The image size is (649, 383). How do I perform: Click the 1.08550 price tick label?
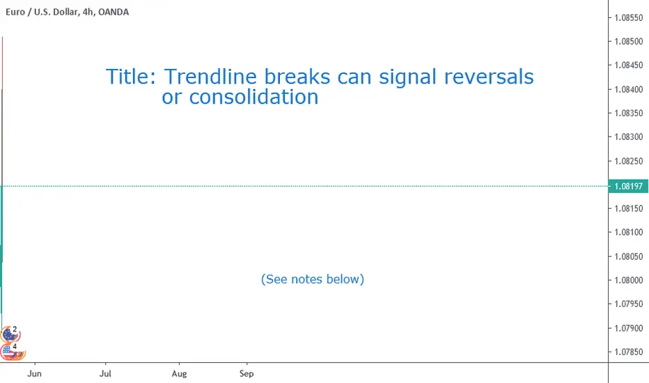click(x=628, y=17)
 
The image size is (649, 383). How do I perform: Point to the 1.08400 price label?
click(x=628, y=89)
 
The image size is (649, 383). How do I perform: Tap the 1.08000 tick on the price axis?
click(x=628, y=280)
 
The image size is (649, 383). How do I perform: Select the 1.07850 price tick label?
click(x=628, y=352)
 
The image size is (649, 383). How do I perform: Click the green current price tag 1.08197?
click(x=628, y=187)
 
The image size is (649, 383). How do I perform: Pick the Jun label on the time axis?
click(x=34, y=373)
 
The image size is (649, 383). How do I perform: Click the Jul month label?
click(x=105, y=373)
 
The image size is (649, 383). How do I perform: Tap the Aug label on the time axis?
click(x=179, y=373)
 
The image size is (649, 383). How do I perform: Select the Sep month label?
click(x=247, y=373)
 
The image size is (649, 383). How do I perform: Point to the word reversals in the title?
click(x=489, y=77)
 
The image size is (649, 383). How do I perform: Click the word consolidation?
click(x=253, y=97)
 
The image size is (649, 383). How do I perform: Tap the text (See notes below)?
click(x=313, y=279)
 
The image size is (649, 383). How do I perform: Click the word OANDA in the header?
click(x=114, y=12)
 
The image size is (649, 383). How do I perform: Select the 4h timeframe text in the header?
click(x=88, y=12)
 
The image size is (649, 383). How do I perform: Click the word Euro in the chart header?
click(x=15, y=12)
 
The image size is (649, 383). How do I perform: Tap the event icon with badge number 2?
click(x=9, y=334)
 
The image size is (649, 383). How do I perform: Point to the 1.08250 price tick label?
click(x=628, y=161)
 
